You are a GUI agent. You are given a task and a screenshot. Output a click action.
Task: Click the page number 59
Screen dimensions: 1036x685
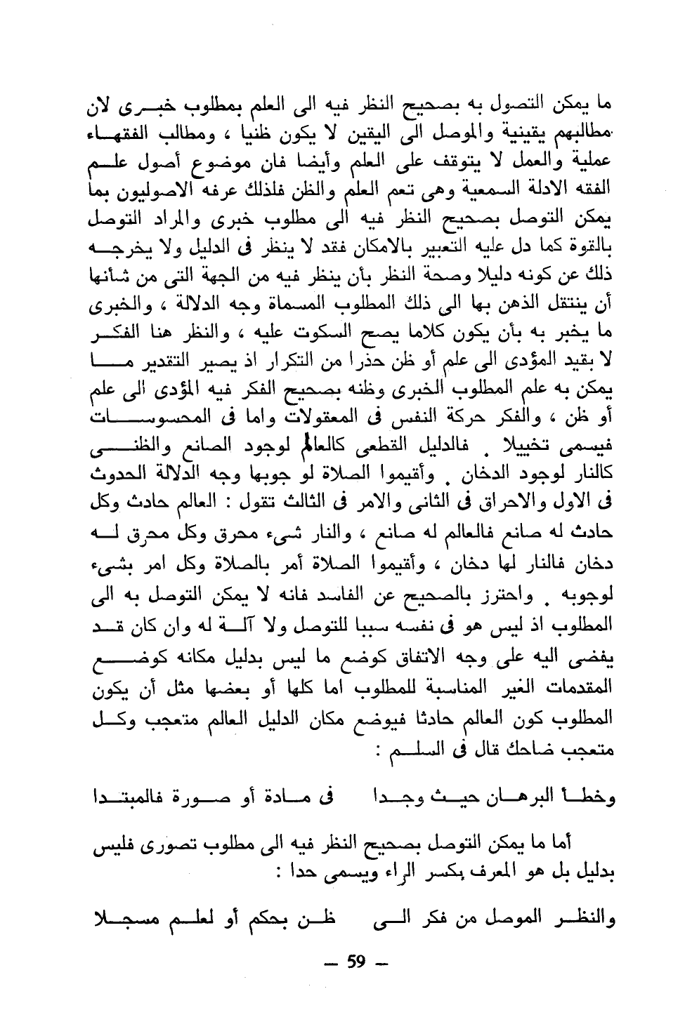358,961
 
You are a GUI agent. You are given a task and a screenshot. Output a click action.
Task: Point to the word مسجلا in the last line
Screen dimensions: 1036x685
127,920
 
